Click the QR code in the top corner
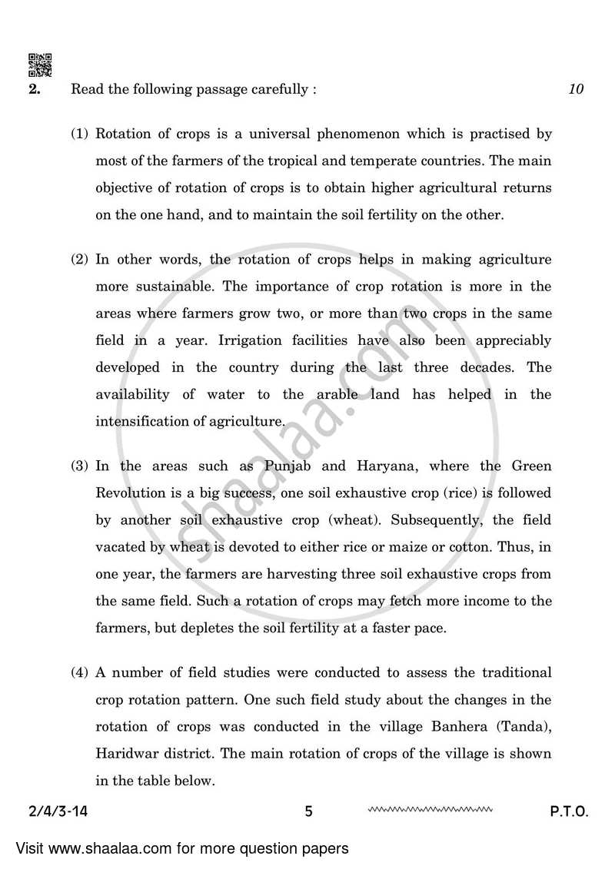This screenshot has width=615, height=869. pos(40,65)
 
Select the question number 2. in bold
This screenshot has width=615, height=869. pos(35,89)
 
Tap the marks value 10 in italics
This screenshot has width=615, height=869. pos(577,89)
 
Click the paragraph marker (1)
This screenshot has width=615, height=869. pos(80,134)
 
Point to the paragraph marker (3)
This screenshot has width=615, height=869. pos(80,466)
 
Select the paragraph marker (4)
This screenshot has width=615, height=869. pos(80,673)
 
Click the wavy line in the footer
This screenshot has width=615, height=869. pos(430,809)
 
